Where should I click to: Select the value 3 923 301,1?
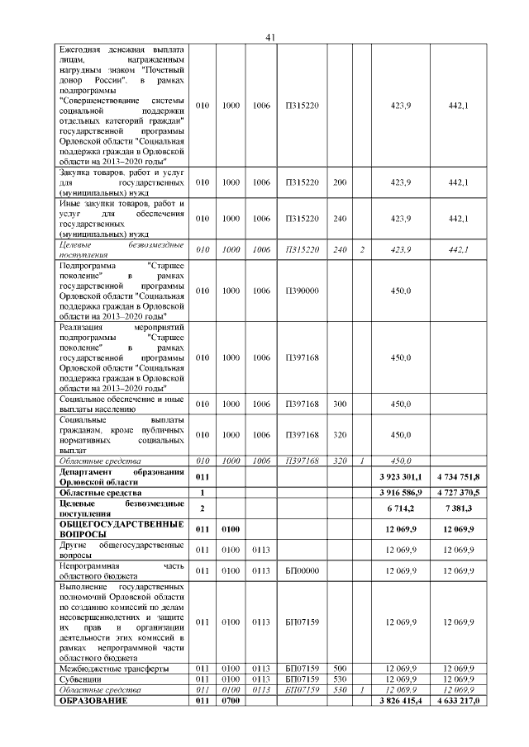[401, 477]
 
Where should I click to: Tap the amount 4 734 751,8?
[457, 477]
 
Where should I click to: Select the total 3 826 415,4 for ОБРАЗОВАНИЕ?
[401, 701]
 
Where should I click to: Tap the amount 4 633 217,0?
[457, 701]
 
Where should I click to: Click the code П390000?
[302, 291]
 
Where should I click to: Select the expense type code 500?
[339, 668]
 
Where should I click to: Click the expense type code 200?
[339, 182]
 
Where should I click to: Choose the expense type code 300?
[339, 404]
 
